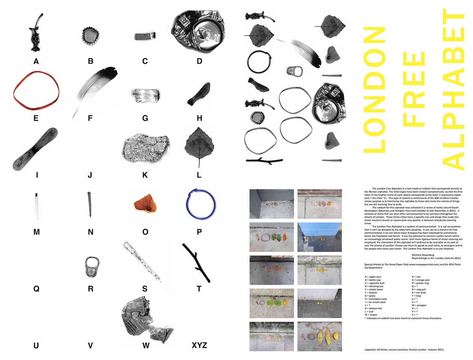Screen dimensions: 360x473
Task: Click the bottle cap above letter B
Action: click(90, 36)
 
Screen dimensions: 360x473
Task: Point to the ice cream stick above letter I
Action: click(35, 148)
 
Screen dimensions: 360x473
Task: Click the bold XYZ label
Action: click(199, 346)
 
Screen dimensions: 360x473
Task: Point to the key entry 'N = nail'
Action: click(419, 278)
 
